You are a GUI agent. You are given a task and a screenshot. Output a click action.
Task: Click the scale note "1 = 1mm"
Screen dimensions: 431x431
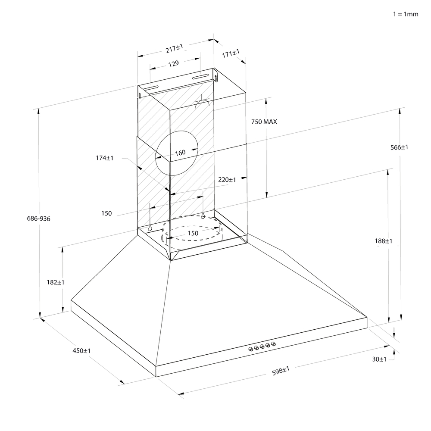coord(406,14)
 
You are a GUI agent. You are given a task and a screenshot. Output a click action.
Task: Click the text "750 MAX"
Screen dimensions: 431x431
coord(264,122)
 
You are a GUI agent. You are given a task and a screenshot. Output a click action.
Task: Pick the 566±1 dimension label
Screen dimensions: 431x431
coord(400,147)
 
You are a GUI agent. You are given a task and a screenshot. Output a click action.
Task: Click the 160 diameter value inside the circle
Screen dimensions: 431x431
coord(180,153)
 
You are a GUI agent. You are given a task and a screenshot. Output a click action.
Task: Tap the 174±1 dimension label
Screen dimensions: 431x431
coord(104,158)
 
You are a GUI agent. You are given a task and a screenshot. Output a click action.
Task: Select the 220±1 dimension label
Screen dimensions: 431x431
coord(227,180)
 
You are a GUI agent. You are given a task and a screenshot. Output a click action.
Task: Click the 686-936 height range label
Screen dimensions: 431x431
coord(38,219)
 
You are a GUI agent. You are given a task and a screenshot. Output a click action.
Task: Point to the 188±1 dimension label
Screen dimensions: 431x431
coord(384,241)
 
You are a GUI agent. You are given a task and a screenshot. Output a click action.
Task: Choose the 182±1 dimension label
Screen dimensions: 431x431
coord(55,282)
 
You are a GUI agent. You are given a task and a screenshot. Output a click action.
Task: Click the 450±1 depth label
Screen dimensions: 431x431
coord(81,351)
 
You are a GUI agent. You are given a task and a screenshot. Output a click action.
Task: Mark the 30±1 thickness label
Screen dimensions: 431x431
coord(379,359)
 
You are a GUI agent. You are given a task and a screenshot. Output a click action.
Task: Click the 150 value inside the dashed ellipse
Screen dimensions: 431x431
coord(193,233)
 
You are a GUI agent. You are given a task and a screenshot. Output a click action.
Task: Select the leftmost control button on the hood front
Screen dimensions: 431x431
coord(251,349)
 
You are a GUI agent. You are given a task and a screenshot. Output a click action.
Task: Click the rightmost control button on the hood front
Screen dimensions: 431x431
coord(273,344)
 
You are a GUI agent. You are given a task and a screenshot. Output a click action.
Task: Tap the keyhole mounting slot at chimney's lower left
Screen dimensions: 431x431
coord(150,227)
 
